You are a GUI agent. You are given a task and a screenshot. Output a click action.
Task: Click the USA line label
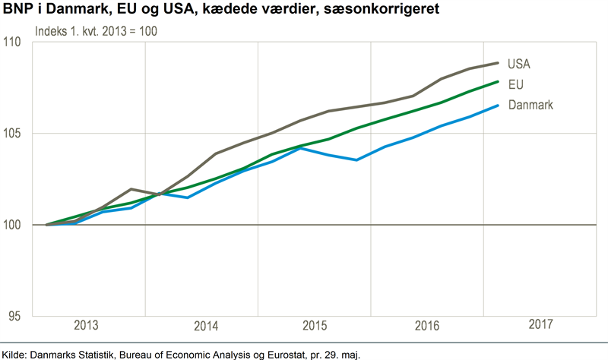point(519,64)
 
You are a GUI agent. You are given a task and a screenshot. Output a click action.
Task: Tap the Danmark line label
point(530,105)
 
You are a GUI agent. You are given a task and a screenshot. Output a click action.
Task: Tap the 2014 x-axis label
point(206,326)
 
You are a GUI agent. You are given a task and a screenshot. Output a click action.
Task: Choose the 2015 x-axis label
point(314,326)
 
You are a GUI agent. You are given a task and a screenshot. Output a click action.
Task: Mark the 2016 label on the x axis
point(427,326)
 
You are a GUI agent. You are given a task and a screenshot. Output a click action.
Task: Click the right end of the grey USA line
point(498,62)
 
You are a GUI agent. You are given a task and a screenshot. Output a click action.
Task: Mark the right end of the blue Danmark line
point(498,106)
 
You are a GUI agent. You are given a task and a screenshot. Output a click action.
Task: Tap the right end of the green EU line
point(498,81)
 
